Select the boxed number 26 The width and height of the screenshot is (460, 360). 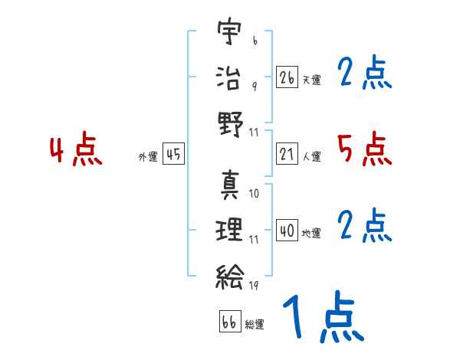pos(287,77)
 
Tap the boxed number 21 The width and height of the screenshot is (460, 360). pos(287,155)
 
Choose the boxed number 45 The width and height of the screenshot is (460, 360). pos(173,155)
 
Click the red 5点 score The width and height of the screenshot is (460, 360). pos(364,149)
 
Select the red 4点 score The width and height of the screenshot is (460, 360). pos(75,150)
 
